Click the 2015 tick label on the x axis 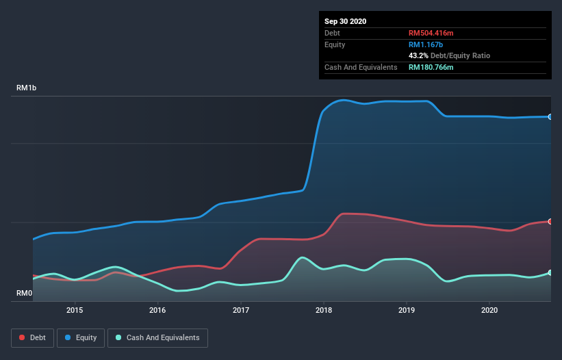pyautogui.click(x=75, y=310)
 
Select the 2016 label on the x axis pyautogui.click(x=157, y=310)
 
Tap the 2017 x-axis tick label pyautogui.click(x=241, y=310)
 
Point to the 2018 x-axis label pyautogui.click(x=324, y=310)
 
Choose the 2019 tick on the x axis pyautogui.click(x=407, y=310)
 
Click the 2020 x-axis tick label pyautogui.click(x=489, y=310)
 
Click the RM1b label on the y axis pyautogui.click(x=27, y=89)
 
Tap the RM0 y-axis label pyautogui.click(x=25, y=294)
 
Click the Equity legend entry pyautogui.click(x=81, y=337)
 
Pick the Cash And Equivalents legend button pyautogui.click(x=157, y=337)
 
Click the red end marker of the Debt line pyautogui.click(x=550, y=221)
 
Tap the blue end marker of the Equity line pyautogui.click(x=550, y=117)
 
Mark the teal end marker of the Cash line pyautogui.click(x=550, y=272)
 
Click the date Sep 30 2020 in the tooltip pyautogui.click(x=346, y=21)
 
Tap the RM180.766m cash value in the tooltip pyautogui.click(x=431, y=67)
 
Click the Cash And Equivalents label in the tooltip pyautogui.click(x=361, y=67)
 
